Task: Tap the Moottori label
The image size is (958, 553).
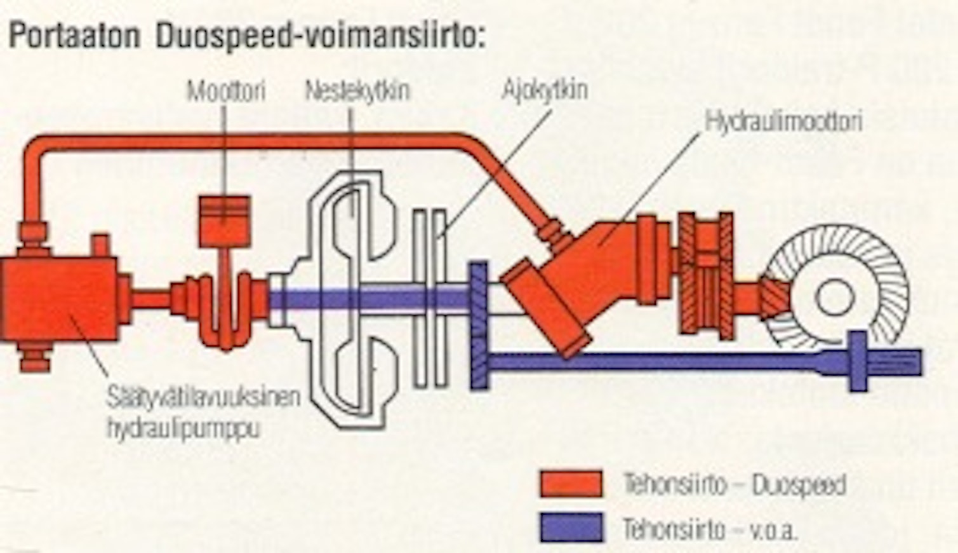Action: coord(225,92)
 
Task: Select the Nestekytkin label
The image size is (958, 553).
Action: coord(357,91)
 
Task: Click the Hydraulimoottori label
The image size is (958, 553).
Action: coord(784,121)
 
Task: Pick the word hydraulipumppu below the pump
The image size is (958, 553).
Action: coord(183,429)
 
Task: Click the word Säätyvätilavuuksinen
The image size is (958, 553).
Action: coord(203,399)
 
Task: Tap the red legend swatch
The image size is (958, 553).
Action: coord(571,484)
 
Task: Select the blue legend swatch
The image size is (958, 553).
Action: coord(571,528)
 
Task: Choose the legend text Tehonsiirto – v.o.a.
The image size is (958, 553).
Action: coord(709,529)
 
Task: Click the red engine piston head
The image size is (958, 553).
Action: coord(224,220)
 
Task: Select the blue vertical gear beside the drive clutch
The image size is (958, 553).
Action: coord(479,324)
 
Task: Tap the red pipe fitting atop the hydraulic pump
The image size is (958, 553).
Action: coord(32,231)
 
